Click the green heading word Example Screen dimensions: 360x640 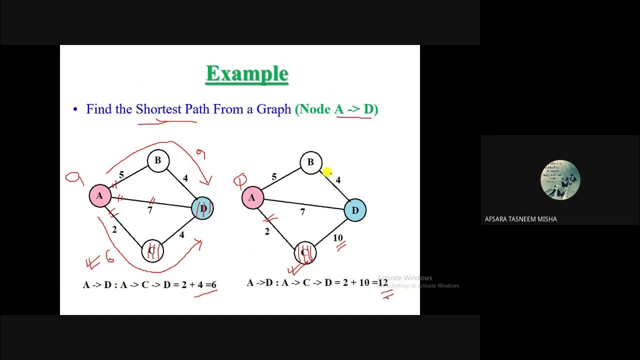247,73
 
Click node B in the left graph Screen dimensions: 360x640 158,160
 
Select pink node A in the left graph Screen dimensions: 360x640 100,196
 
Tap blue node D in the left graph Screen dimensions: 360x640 202,208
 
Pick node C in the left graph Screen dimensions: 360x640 152,250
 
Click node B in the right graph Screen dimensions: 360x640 310,162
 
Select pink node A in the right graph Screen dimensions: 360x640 252,198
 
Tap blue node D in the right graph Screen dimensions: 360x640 355,210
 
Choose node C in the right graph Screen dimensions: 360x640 305,252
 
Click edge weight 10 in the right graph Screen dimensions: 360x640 338,237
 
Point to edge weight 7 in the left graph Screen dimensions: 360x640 149,210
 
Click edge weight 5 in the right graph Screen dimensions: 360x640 274,177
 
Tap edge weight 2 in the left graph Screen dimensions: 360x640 114,230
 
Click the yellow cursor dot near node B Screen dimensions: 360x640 326,172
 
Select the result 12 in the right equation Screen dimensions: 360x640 382,282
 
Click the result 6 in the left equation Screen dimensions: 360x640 213,285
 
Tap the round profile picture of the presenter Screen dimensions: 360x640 560,180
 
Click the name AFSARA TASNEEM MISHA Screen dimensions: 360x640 520,219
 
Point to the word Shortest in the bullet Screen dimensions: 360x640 158,109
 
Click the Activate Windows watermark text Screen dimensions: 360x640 404,278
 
